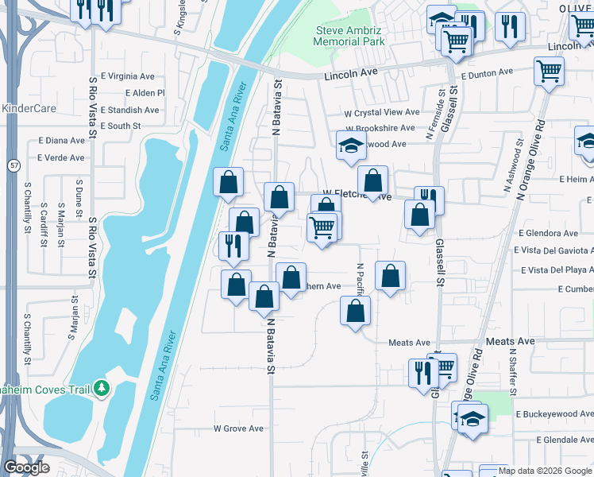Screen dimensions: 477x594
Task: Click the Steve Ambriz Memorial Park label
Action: pyautogui.click(x=349, y=36)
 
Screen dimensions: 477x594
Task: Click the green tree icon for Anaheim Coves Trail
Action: pyautogui.click(x=101, y=388)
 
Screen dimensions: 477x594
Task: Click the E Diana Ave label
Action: pyautogui.click(x=60, y=141)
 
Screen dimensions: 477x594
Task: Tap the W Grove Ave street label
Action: pyautogui.click(x=238, y=429)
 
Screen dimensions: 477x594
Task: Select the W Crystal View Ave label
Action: pyautogui.click(x=381, y=113)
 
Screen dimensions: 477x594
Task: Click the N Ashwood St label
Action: pyautogui.click(x=508, y=167)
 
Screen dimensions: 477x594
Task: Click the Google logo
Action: pyautogui.click(x=26, y=467)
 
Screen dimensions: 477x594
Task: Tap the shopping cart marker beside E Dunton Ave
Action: pyautogui.click(x=549, y=72)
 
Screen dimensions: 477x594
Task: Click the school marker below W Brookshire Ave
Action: pyautogui.click(x=350, y=145)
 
